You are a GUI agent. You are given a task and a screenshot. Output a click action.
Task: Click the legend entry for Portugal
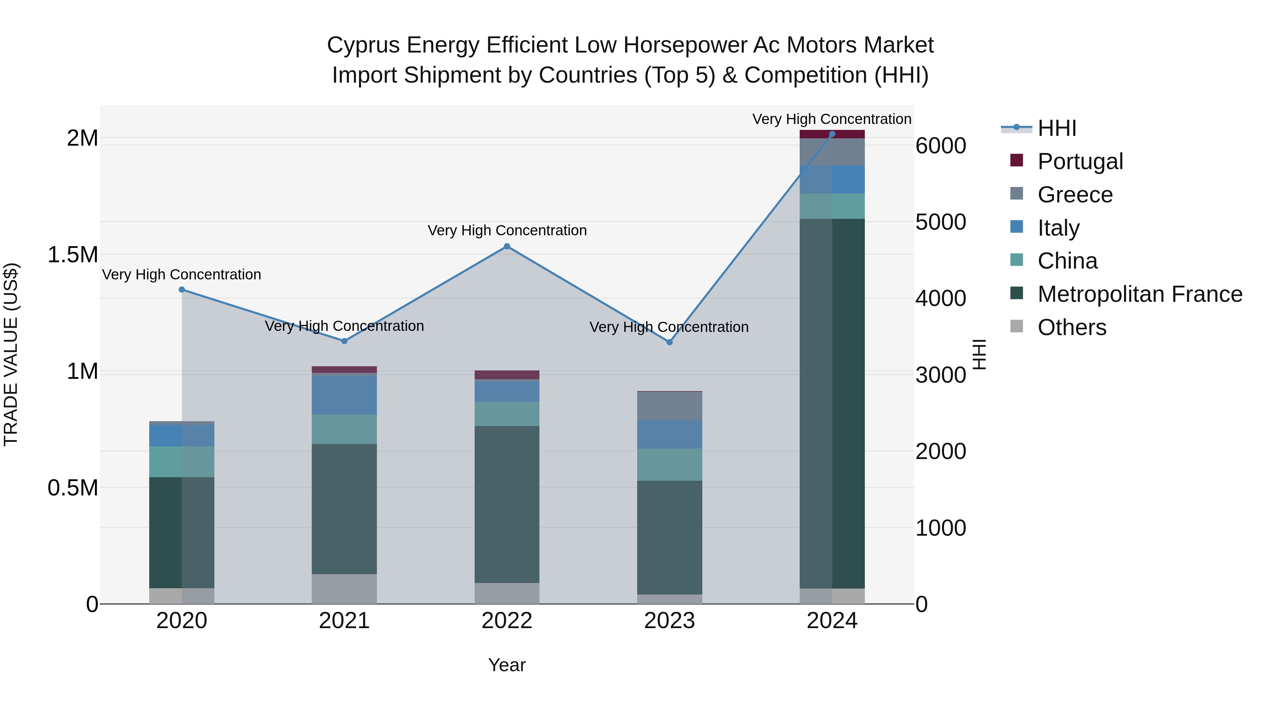coord(1080,161)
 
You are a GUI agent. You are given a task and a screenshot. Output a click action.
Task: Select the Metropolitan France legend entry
coord(1139,294)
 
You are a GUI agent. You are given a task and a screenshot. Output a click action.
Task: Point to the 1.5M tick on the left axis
coord(73,255)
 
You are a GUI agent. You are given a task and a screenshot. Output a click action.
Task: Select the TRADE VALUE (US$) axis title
coord(11,354)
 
